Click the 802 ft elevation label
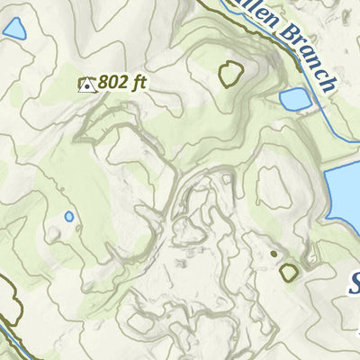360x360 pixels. pyautogui.click(x=121, y=83)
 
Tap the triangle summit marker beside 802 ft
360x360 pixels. pyautogui.click(x=87, y=85)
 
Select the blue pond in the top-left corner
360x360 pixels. pyautogui.click(x=14, y=30)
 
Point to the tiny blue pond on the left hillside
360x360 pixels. pyautogui.click(x=69, y=216)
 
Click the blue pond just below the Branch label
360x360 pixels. pyautogui.click(x=293, y=99)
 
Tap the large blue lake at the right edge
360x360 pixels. pyautogui.click(x=345, y=193)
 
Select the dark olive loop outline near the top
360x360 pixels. pyautogui.click(x=231, y=74)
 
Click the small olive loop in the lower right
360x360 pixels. pyautogui.click(x=289, y=271)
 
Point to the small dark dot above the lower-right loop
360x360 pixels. pyautogui.click(x=274, y=254)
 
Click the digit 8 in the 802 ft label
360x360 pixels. pyautogui.click(x=104, y=83)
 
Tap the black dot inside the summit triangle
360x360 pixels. pyautogui.click(x=87, y=86)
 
